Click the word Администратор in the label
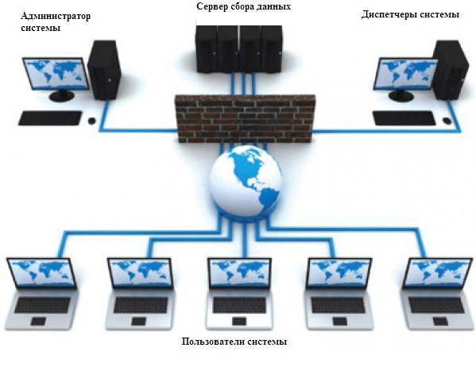[x=56, y=17]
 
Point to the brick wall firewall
[x=245, y=118]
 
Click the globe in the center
[x=246, y=181]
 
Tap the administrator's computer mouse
[x=91, y=121]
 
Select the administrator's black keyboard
[x=50, y=118]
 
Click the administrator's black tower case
[x=104, y=70]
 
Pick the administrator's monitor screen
[x=56, y=74]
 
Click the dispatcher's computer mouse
[x=447, y=121]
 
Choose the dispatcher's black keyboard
[x=404, y=118]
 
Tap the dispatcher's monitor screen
[x=405, y=74]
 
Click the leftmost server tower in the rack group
[x=207, y=49]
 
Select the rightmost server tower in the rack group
[x=273, y=49]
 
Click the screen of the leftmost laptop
[x=41, y=272]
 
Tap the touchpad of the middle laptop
[x=239, y=321]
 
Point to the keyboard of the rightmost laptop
[x=436, y=305]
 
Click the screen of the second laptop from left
[x=140, y=272]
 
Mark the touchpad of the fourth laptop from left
[x=339, y=321]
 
